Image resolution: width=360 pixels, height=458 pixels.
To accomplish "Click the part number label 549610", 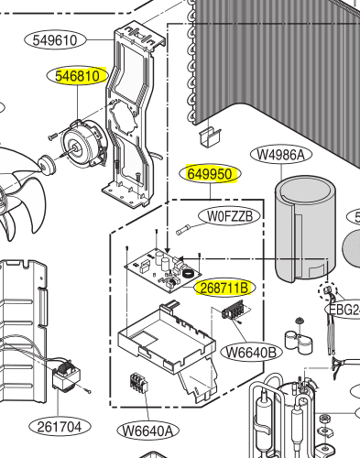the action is tap(55, 40).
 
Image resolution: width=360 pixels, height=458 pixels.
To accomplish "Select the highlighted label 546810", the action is tap(78, 76).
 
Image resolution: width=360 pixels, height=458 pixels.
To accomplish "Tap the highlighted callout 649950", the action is tap(210, 174).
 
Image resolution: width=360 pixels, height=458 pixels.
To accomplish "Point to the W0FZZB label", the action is tap(230, 216).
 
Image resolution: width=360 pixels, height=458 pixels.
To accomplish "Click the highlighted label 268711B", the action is tap(224, 288).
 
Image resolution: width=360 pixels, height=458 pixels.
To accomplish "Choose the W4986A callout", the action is tap(281, 155).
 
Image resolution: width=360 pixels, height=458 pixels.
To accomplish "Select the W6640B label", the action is tap(251, 353).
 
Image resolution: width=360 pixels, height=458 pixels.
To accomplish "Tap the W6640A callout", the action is tap(148, 431).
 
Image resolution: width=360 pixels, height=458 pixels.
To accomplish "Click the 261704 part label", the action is tap(60, 426).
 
